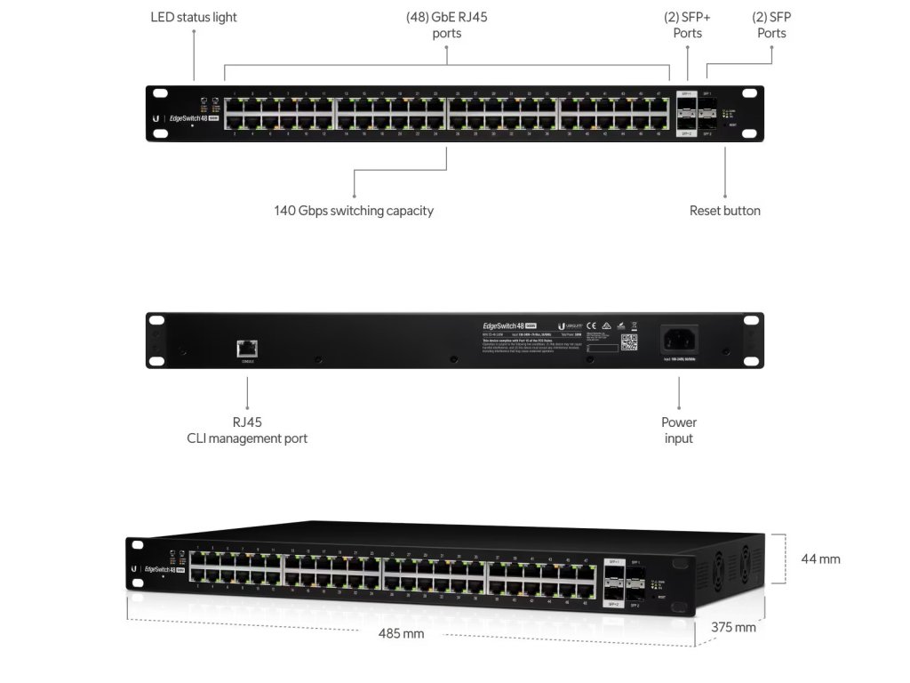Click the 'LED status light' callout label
(194, 17)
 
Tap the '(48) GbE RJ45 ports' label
(446, 25)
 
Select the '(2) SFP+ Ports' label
(687, 25)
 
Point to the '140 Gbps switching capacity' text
(354, 211)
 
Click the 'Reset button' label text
(724, 211)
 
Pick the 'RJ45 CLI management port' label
(247, 430)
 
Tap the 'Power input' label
(679, 430)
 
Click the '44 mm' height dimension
(820, 559)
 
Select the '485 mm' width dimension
(402, 634)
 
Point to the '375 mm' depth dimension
(733, 627)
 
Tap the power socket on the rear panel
(679, 339)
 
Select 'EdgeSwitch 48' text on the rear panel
(504, 326)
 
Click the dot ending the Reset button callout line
(724, 195)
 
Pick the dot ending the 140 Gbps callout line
(354, 195)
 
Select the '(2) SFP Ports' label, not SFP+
(771, 25)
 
